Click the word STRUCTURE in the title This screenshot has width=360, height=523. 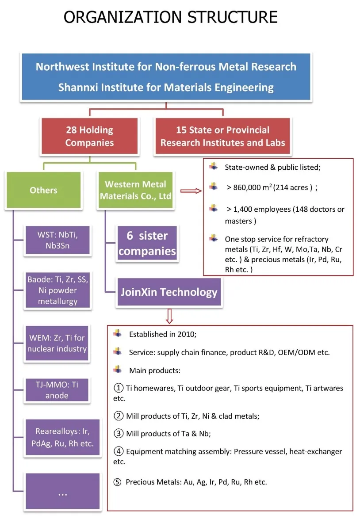pyautogui.click(x=233, y=17)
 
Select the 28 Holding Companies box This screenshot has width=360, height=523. pyautogui.click(x=89, y=136)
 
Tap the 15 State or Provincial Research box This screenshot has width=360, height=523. pyautogui.click(x=222, y=136)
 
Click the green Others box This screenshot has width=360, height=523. pyautogui.click(x=43, y=191)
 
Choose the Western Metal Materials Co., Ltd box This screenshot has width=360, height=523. pyautogui.click(x=135, y=191)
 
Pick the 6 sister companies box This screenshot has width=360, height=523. pyautogui.click(x=147, y=244)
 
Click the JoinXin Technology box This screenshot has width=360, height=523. pyautogui.click(x=169, y=292)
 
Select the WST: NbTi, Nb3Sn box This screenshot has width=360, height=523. pyautogui.click(x=58, y=241)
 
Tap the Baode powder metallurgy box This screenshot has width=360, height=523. pyautogui.click(x=58, y=290)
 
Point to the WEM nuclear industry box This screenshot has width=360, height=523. pyautogui.click(x=57, y=344)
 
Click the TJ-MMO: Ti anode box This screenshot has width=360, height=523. pyautogui.click(x=57, y=390)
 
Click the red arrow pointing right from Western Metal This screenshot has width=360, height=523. pyautogui.click(x=191, y=191)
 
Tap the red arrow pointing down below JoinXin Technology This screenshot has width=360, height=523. pyautogui.click(x=169, y=316)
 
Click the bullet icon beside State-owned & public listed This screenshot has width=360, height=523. pyautogui.click(x=214, y=167)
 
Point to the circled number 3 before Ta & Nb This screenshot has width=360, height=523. pyautogui.click(x=118, y=434)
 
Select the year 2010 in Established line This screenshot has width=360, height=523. pyautogui.click(x=186, y=334)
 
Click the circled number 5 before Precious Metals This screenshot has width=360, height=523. pyautogui.click(x=117, y=482)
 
